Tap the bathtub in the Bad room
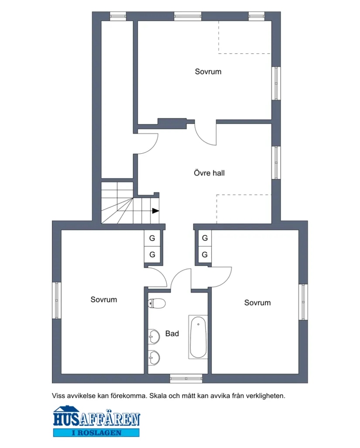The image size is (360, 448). [x=199, y=337]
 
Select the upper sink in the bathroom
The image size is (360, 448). [x=154, y=336]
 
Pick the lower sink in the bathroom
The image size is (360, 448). [x=154, y=358]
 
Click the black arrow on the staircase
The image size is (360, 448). [x=155, y=210]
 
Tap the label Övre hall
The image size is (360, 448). [x=209, y=173]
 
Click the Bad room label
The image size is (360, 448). [x=172, y=334]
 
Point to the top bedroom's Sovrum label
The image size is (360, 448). [x=208, y=72]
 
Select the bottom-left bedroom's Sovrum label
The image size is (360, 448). [x=104, y=300]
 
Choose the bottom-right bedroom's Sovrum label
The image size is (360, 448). [x=257, y=303]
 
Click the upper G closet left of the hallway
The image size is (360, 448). [x=152, y=238]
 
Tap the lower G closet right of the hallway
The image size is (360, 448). [x=204, y=255]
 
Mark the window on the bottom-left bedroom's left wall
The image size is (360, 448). [x=57, y=300]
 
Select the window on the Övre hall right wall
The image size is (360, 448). [x=276, y=162]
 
